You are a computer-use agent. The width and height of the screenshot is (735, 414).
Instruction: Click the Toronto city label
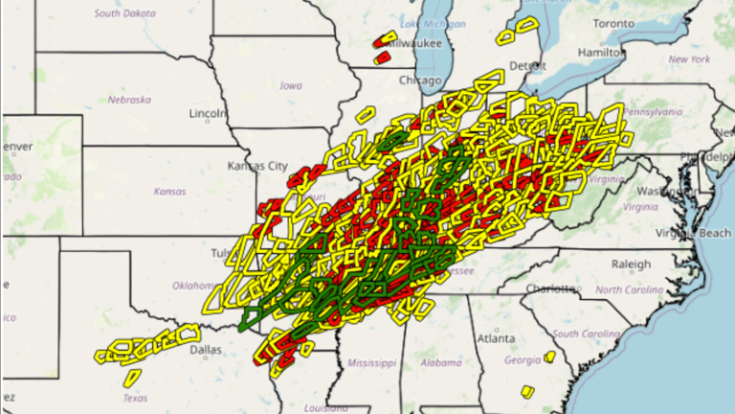pyautogui.click(x=612, y=22)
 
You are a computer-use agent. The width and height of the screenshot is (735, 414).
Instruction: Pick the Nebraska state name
pyautogui.click(x=129, y=100)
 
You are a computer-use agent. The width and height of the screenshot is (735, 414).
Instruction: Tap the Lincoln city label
pyautogui.click(x=207, y=113)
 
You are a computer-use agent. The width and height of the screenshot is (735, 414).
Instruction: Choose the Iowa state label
pyautogui.click(x=291, y=85)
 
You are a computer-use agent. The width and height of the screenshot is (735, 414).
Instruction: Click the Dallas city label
pyautogui.click(x=206, y=350)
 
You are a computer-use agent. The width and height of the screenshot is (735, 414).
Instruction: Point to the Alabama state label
pyautogui.click(x=440, y=363)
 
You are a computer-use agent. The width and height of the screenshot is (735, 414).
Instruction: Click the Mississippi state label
pyautogui.click(x=371, y=363)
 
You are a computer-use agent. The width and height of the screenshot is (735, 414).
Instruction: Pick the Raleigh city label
pyautogui.click(x=631, y=264)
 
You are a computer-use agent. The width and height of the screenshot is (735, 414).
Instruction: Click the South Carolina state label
pyautogui.click(x=585, y=333)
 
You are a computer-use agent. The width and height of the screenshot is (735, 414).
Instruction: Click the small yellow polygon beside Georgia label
pyautogui.click(x=549, y=356)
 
